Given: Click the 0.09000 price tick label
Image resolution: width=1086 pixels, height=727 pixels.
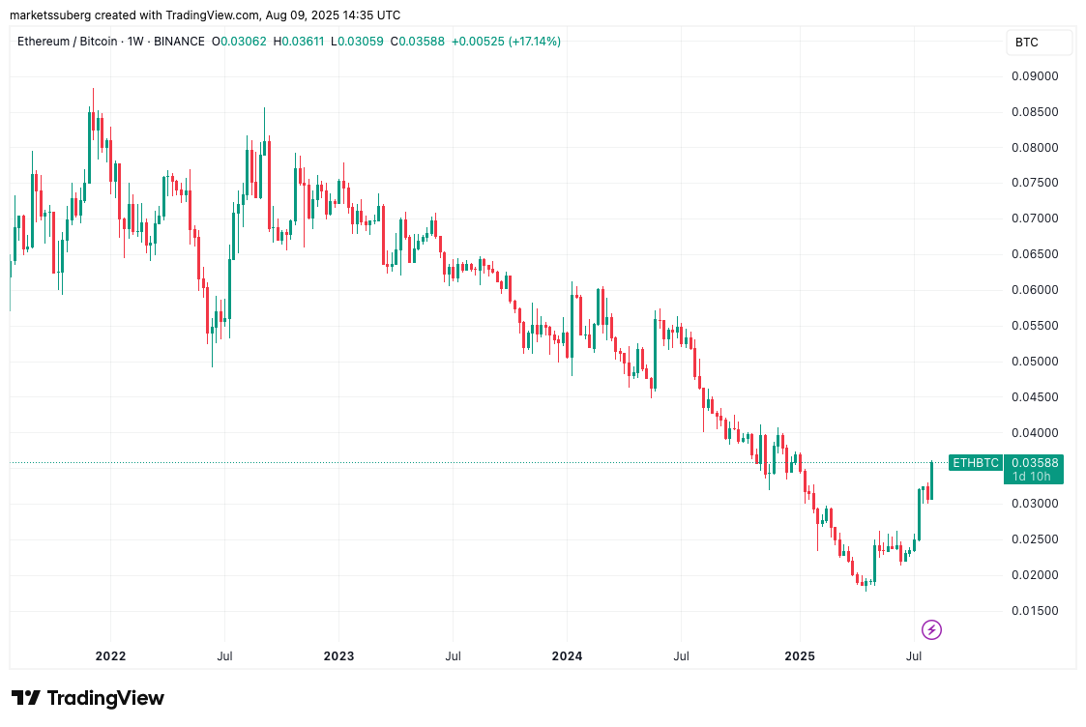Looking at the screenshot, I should tap(1035, 76).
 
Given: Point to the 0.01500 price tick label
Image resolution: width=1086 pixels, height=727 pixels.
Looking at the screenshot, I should tap(1035, 611).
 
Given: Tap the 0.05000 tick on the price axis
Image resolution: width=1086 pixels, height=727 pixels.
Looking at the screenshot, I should tap(1035, 362).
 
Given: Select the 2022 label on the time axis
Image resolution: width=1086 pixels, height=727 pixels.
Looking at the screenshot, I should tap(110, 656).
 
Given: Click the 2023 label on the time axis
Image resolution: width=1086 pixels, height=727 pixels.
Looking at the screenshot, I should tap(338, 656).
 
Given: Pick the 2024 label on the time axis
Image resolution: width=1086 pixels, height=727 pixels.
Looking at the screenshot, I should tap(567, 656).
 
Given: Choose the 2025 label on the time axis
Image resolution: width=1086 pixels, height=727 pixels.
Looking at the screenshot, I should tap(800, 656).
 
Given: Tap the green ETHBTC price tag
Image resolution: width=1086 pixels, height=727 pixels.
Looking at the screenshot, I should tap(975, 463).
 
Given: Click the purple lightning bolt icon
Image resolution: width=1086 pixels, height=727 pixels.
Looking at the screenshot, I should tap(931, 630).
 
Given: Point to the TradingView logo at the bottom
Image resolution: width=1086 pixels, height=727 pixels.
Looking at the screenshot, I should tap(88, 698).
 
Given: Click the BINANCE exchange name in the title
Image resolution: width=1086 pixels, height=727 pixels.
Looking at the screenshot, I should tap(181, 42).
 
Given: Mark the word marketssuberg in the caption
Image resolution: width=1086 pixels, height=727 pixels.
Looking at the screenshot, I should tap(51, 15).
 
